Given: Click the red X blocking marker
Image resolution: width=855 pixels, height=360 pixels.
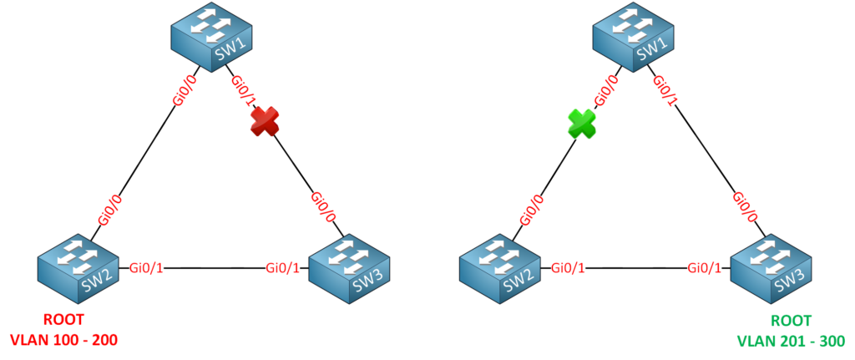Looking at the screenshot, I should [x=263, y=123].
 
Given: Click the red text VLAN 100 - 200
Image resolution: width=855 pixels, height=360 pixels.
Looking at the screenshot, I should [x=63, y=340].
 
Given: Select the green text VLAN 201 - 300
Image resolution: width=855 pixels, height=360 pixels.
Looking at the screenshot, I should [x=790, y=340].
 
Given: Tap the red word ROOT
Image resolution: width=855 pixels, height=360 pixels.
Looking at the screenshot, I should [x=63, y=320].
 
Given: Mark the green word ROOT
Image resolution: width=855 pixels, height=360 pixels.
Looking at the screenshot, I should [x=790, y=320].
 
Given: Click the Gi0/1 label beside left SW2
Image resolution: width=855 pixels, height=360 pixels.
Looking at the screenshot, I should [x=147, y=268].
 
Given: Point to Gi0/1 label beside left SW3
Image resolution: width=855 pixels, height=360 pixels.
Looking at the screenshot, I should [x=284, y=268].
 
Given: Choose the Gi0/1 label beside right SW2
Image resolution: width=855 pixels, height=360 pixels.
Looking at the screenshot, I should [x=569, y=268].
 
